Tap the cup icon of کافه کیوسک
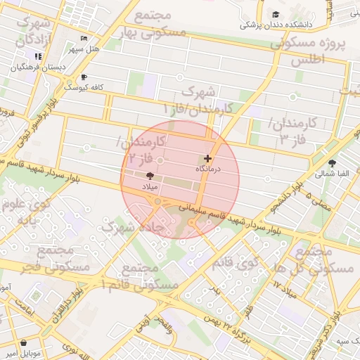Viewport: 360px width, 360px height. tap(84, 77)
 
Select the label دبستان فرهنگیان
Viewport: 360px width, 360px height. tap(39, 68)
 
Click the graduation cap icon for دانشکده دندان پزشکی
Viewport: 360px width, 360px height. tap(276, 14)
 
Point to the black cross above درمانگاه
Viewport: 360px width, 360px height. tap(207, 159)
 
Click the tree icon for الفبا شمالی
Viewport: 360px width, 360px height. tap(332, 163)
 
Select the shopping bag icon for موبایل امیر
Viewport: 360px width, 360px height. tap(24, 342)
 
